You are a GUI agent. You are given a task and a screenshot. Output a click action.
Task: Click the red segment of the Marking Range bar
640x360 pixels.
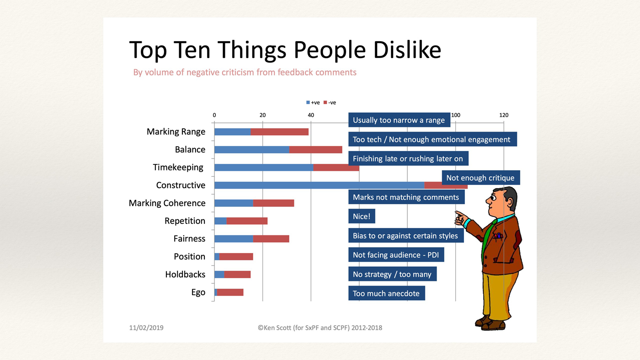click(x=279, y=132)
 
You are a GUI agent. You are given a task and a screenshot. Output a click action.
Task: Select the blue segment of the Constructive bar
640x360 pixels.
click(x=319, y=185)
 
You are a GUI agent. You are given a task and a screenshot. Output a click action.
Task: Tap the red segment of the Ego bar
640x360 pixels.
click(x=230, y=292)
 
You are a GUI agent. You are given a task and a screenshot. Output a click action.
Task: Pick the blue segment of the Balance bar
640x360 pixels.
click(x=251, y=149)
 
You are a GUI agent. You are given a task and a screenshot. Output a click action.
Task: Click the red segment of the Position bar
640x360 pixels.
click(x=236, y=257)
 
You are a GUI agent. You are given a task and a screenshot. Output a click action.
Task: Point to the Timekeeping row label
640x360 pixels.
click(x=178, y=167)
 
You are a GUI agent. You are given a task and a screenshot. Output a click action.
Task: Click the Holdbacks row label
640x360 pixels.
click(x=185, y=275)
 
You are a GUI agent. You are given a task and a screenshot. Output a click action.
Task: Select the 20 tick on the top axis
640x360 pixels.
click(x=262, y=115)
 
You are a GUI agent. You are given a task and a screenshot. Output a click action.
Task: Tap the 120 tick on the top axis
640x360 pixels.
click(x=504, y=115)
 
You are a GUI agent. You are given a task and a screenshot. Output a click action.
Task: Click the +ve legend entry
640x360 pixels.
click(x=313, y=103)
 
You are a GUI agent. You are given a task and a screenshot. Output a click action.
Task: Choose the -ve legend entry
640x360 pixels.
click(x=330, y=103)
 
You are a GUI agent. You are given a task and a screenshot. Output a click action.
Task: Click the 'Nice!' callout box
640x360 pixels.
click(x=362, y=216)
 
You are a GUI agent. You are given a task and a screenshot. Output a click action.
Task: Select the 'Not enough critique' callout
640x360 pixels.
click(x=480, y=178)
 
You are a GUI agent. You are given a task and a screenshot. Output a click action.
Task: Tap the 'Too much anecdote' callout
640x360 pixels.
click(x=386, y=293)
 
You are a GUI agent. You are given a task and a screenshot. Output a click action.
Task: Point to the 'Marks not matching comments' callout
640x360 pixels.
click(x=406, y=197)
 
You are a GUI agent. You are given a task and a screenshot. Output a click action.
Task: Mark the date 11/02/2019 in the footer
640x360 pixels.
click(x=146, y=328)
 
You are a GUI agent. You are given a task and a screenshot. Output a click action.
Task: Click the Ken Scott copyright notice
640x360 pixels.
click(x=320, y=328)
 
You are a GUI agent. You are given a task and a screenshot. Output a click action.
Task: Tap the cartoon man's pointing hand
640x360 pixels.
click(x=460, y=218)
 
